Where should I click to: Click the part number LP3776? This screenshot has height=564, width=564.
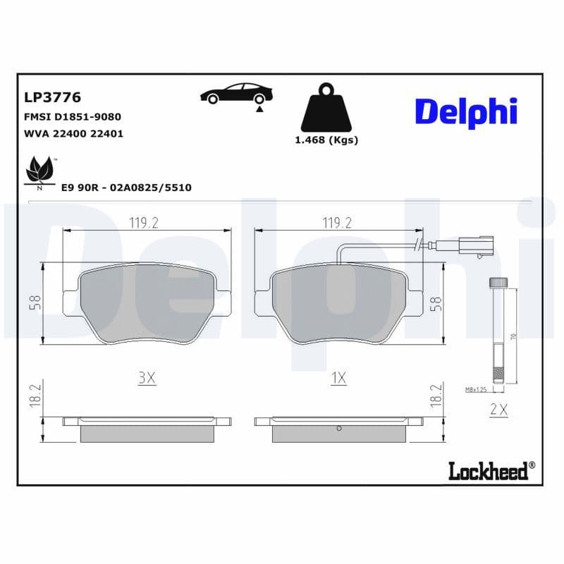tap(53, 97)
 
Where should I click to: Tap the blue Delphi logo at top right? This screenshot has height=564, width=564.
tap(465, 112)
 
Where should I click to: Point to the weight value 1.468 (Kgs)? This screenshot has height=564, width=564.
tap(326, 140)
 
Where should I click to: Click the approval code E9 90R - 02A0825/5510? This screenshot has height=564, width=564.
tap(126, 188)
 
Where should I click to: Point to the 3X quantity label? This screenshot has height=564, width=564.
tap(146, 378)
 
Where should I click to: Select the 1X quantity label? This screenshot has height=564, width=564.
tap(338, 378)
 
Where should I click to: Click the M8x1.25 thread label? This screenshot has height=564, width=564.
tap(477, 389)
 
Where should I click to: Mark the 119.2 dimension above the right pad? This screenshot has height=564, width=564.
tap(336, 223)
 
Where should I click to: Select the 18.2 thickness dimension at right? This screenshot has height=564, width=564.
tap(436, 396)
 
